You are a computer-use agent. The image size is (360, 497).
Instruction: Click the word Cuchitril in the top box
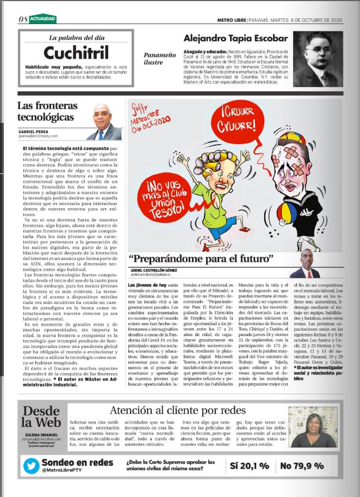[76, 53]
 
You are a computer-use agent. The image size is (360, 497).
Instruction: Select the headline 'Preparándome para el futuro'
[200, 258]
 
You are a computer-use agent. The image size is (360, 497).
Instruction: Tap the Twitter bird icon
[30, 467]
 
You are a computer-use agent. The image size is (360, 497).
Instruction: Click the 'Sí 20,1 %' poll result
[249, 465]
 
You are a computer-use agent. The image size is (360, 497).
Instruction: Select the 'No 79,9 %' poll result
[301, 465]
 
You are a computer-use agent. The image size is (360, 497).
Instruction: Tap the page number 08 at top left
[22, 19]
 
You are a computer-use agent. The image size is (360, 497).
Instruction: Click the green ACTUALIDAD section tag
[43, 19]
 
